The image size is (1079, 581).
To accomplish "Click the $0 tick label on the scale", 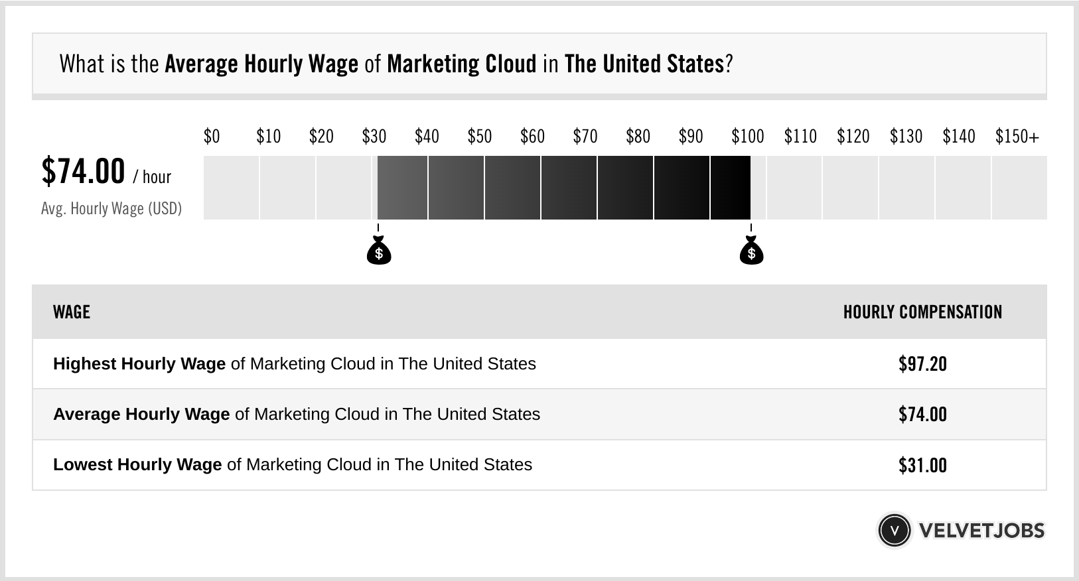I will pos(212,137).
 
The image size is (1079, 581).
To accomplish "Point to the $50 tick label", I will pos(480,137).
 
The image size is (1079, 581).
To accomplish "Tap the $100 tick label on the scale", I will pos(747,137).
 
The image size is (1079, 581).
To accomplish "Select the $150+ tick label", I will pos(1017,137).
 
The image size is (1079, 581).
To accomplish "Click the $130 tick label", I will pos(906,137).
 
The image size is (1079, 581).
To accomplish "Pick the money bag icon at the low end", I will pos(379,251).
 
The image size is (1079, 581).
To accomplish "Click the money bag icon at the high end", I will pos(751,251).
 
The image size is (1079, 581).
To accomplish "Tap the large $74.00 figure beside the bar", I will pos(83,171).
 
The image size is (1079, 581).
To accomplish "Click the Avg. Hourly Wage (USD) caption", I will pos(111,209).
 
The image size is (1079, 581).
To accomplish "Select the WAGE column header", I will pos(72,312).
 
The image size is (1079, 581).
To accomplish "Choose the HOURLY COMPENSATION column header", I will pos(922,312).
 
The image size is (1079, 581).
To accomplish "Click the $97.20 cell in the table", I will pos(922,363).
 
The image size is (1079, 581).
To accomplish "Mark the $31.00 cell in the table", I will pos(922,465).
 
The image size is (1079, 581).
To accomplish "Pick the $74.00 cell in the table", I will pos(922,415).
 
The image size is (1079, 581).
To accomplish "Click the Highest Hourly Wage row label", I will pos(139,363).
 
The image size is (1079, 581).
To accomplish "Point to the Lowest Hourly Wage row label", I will pos(137,464).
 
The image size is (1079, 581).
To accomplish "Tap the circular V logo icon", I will pos(894,530).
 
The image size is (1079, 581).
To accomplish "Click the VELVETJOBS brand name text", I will pos(981,531).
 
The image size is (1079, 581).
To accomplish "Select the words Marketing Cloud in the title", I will pos(461,64).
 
